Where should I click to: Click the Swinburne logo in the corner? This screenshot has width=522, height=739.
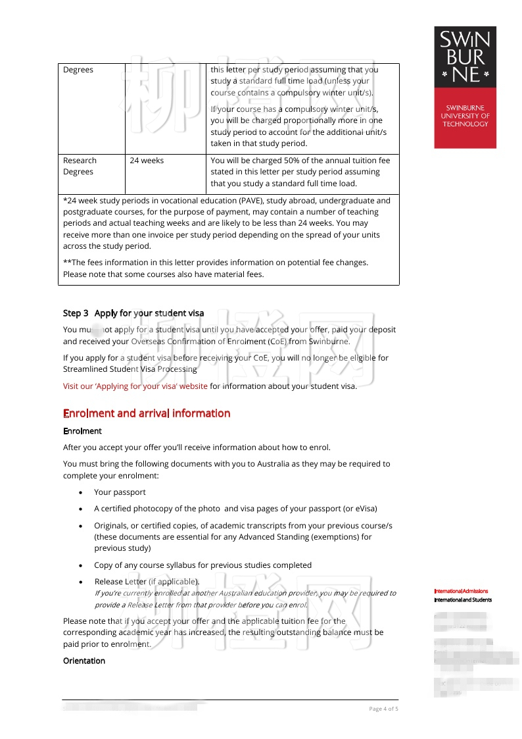click(465, 87)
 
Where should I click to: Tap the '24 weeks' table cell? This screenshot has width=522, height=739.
click(147, 161)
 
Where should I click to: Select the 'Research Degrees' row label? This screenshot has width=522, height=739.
click(80, 166)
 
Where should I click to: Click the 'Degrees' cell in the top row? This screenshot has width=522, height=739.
click(78, 70)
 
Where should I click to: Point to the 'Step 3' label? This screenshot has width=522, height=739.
click(76, 313)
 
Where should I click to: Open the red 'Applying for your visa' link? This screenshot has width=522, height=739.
click(135, 386)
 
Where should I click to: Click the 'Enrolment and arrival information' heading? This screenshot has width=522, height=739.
click(147, 413)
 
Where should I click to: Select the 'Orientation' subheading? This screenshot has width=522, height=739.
click(83, 661)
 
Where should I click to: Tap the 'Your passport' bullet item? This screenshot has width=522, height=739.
click(120, 492)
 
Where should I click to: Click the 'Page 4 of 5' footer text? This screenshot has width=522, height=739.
click(383, 709)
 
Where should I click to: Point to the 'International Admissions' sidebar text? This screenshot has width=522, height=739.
click(461, 591)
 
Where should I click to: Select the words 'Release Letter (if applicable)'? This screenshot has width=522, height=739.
click(146, 582)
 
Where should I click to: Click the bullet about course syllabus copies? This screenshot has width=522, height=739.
click(202, 565)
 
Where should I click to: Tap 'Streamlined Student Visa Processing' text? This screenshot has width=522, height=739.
click(130, 369)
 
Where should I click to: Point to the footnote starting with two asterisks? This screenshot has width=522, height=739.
click(216, 263)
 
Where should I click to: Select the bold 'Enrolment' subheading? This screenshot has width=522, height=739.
click(82, 431)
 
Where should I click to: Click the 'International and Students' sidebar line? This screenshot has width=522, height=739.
click(463, 599)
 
